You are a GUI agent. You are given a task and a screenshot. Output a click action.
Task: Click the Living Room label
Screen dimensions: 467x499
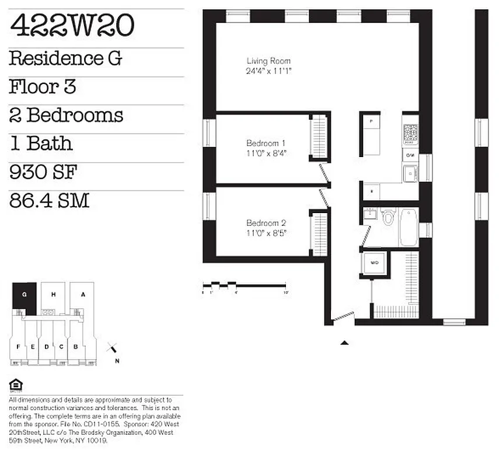[268, 61]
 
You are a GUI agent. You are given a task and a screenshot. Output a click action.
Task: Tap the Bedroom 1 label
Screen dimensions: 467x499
[266, 143]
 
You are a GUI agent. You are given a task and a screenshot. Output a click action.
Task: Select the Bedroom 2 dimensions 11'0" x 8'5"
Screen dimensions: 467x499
[266, 232]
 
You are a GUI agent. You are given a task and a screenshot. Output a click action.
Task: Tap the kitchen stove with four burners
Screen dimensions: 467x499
[410, 134]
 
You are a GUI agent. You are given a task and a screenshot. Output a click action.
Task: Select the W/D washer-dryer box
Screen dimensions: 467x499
[374, 263]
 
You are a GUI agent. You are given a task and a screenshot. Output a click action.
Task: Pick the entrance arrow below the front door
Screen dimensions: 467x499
[344, 343]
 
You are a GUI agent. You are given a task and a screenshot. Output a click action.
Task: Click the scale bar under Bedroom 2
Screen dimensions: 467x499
[245, 285]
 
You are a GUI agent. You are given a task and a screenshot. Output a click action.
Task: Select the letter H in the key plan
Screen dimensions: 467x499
[53, 295]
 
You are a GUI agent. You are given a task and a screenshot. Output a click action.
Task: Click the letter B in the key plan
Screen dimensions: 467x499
[75, 347]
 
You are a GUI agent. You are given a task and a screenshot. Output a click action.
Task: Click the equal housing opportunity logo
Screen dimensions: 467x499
[16, 385]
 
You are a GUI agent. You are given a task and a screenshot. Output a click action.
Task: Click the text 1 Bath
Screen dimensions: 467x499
[41, 144]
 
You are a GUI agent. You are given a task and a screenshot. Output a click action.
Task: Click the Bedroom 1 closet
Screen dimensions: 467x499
[319, 137]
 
